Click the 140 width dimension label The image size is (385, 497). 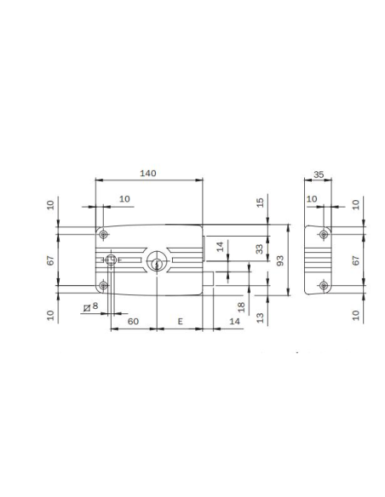coord(147,173)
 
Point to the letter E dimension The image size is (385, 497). coord(181,321)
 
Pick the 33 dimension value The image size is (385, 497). coord(260,249)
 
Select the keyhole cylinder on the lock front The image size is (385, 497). coord(157,262)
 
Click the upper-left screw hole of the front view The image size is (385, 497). coord(103,234)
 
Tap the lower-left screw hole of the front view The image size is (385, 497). coord(103,285)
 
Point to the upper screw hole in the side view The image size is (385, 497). coord(322,234)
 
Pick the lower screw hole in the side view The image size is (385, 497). coord(322,285)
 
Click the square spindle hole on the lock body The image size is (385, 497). coord(111,260)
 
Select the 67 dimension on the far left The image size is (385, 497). coord(50,259)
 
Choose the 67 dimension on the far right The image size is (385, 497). coord(356,259)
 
